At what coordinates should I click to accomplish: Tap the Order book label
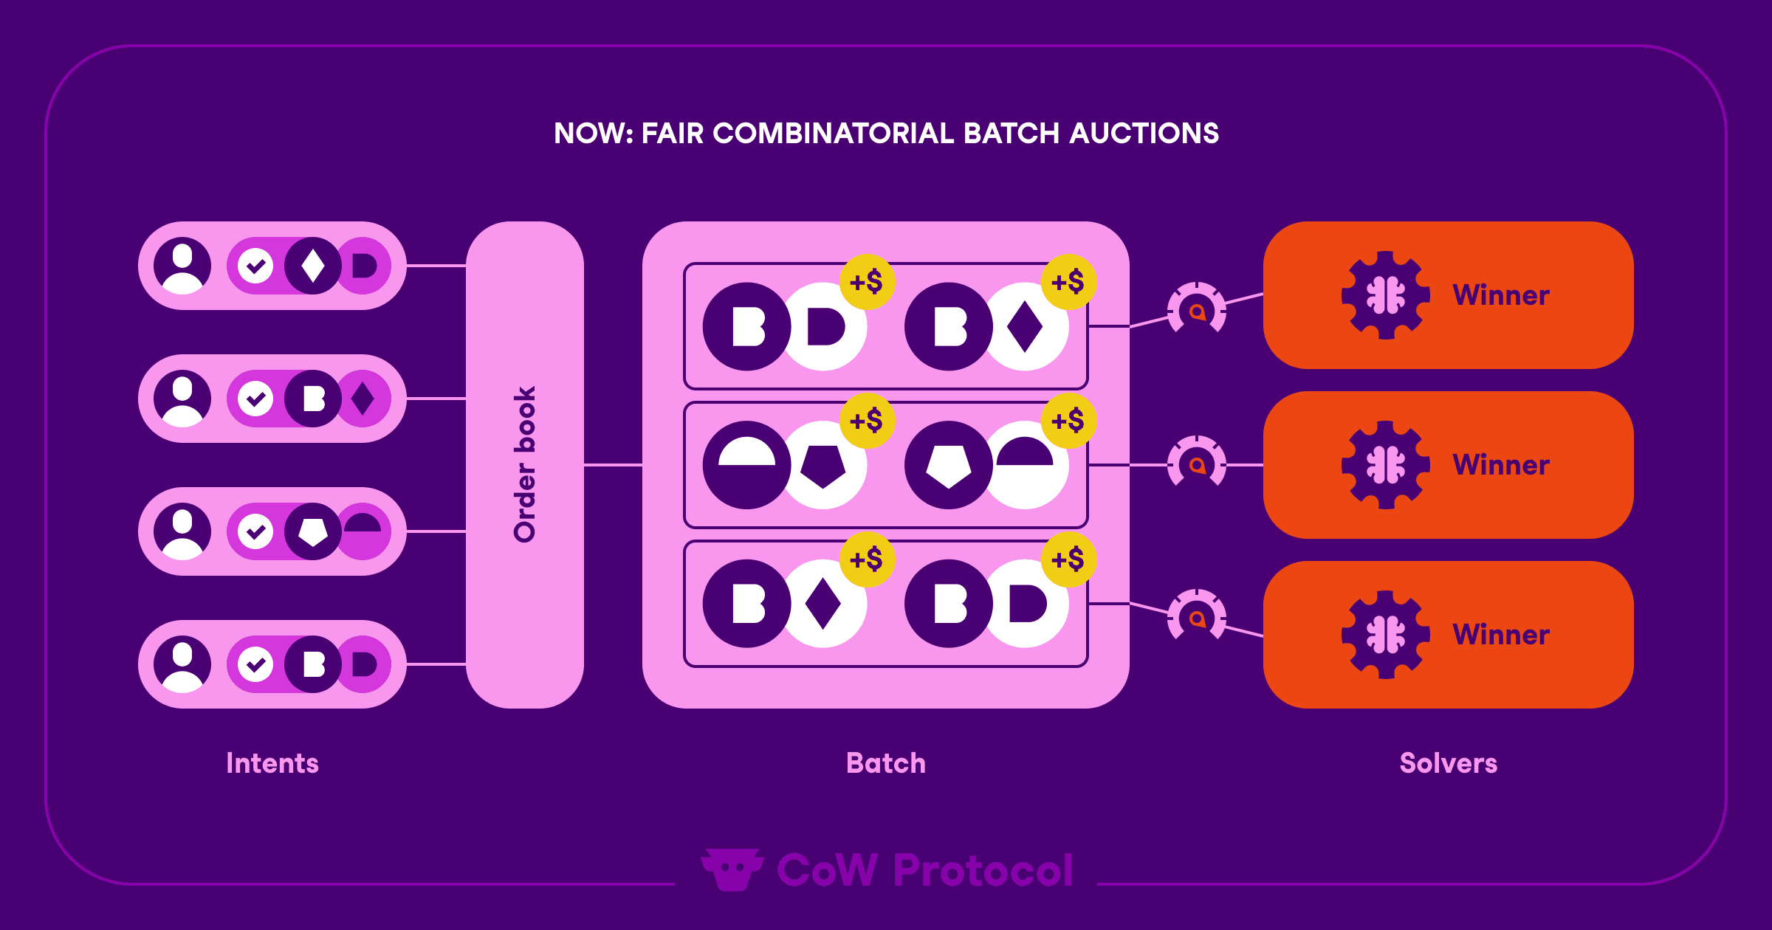click(525, 464)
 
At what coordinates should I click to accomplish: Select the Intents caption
click(272, 763)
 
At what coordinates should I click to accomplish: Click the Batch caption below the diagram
click(886, 763)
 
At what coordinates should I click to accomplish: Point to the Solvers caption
click(1448, 763)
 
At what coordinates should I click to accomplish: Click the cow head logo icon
click(732, 869)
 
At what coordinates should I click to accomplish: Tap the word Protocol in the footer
click(983, 870)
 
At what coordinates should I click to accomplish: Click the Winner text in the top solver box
click(1501, 295)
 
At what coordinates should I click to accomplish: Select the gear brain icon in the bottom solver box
click(1386, 635)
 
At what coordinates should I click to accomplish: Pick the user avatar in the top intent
click(182, 266)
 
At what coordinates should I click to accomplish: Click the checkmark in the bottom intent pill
click(255, 664)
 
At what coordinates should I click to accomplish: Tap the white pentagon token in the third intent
click(313, 531)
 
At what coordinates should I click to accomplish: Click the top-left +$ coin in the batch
click(867, 282)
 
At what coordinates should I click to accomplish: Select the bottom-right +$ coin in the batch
click(1068, 559)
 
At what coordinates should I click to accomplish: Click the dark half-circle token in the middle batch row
click(747, 465)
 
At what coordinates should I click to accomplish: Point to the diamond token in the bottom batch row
click(823, 604)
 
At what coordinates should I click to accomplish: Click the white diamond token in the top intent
click(313, 266)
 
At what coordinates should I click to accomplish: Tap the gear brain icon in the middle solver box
click(1386, 465)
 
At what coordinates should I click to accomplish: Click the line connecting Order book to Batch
click(613, 465)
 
